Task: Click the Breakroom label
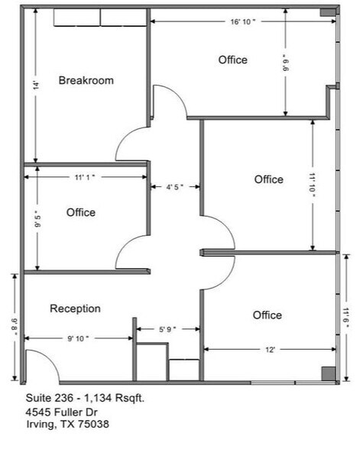click(86, 80)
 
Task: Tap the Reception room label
click(76, 308)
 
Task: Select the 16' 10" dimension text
click(242, 22)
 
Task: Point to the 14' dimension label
click(36, 87)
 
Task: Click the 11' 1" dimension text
click(84, 177)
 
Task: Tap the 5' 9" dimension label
click(167, 329)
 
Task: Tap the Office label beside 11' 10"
click(268, 179)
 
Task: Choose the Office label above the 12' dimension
click(267, 315)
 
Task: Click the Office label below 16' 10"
click(232, 60)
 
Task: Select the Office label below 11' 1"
click(81, 212)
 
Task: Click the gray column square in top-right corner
click(326, 13)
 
